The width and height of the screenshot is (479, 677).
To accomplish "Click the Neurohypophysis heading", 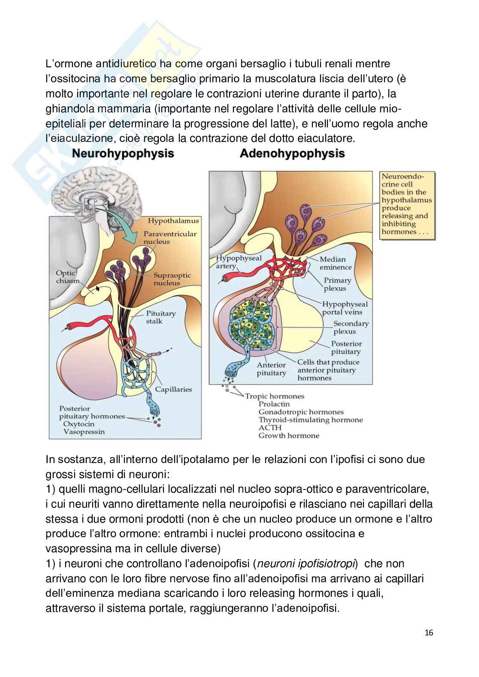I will coord(123,153).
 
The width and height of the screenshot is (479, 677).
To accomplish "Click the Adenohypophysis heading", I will coord(292,153).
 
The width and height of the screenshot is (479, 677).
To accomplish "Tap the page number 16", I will coord(429,632).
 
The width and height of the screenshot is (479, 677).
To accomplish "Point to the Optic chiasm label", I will coord(67,277).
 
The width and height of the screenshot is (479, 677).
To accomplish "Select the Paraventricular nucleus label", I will coord(170,238).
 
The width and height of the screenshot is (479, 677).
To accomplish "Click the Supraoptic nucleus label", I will coord(172,279).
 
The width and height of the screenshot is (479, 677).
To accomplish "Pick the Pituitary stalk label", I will coord(161,317).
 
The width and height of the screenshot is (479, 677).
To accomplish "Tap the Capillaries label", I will coord(173,389).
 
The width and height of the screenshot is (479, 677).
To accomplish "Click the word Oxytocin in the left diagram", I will coord(79,424).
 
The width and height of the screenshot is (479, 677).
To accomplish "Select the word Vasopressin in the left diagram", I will coord(84,432).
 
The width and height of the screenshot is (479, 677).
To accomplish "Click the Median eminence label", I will coord(335,263).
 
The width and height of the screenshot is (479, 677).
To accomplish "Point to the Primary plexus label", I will coord(337,284).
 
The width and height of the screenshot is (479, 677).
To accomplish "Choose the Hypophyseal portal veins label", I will coord(344,308).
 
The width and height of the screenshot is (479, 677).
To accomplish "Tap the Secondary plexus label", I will coord(351,328).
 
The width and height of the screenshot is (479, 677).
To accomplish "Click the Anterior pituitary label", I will coord(271,369).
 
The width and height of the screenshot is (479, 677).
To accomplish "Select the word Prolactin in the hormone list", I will coord(274,404).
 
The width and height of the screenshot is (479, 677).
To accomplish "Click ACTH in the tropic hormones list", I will coord(270,427).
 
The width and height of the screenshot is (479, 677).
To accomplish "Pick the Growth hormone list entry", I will coord(288,436).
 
